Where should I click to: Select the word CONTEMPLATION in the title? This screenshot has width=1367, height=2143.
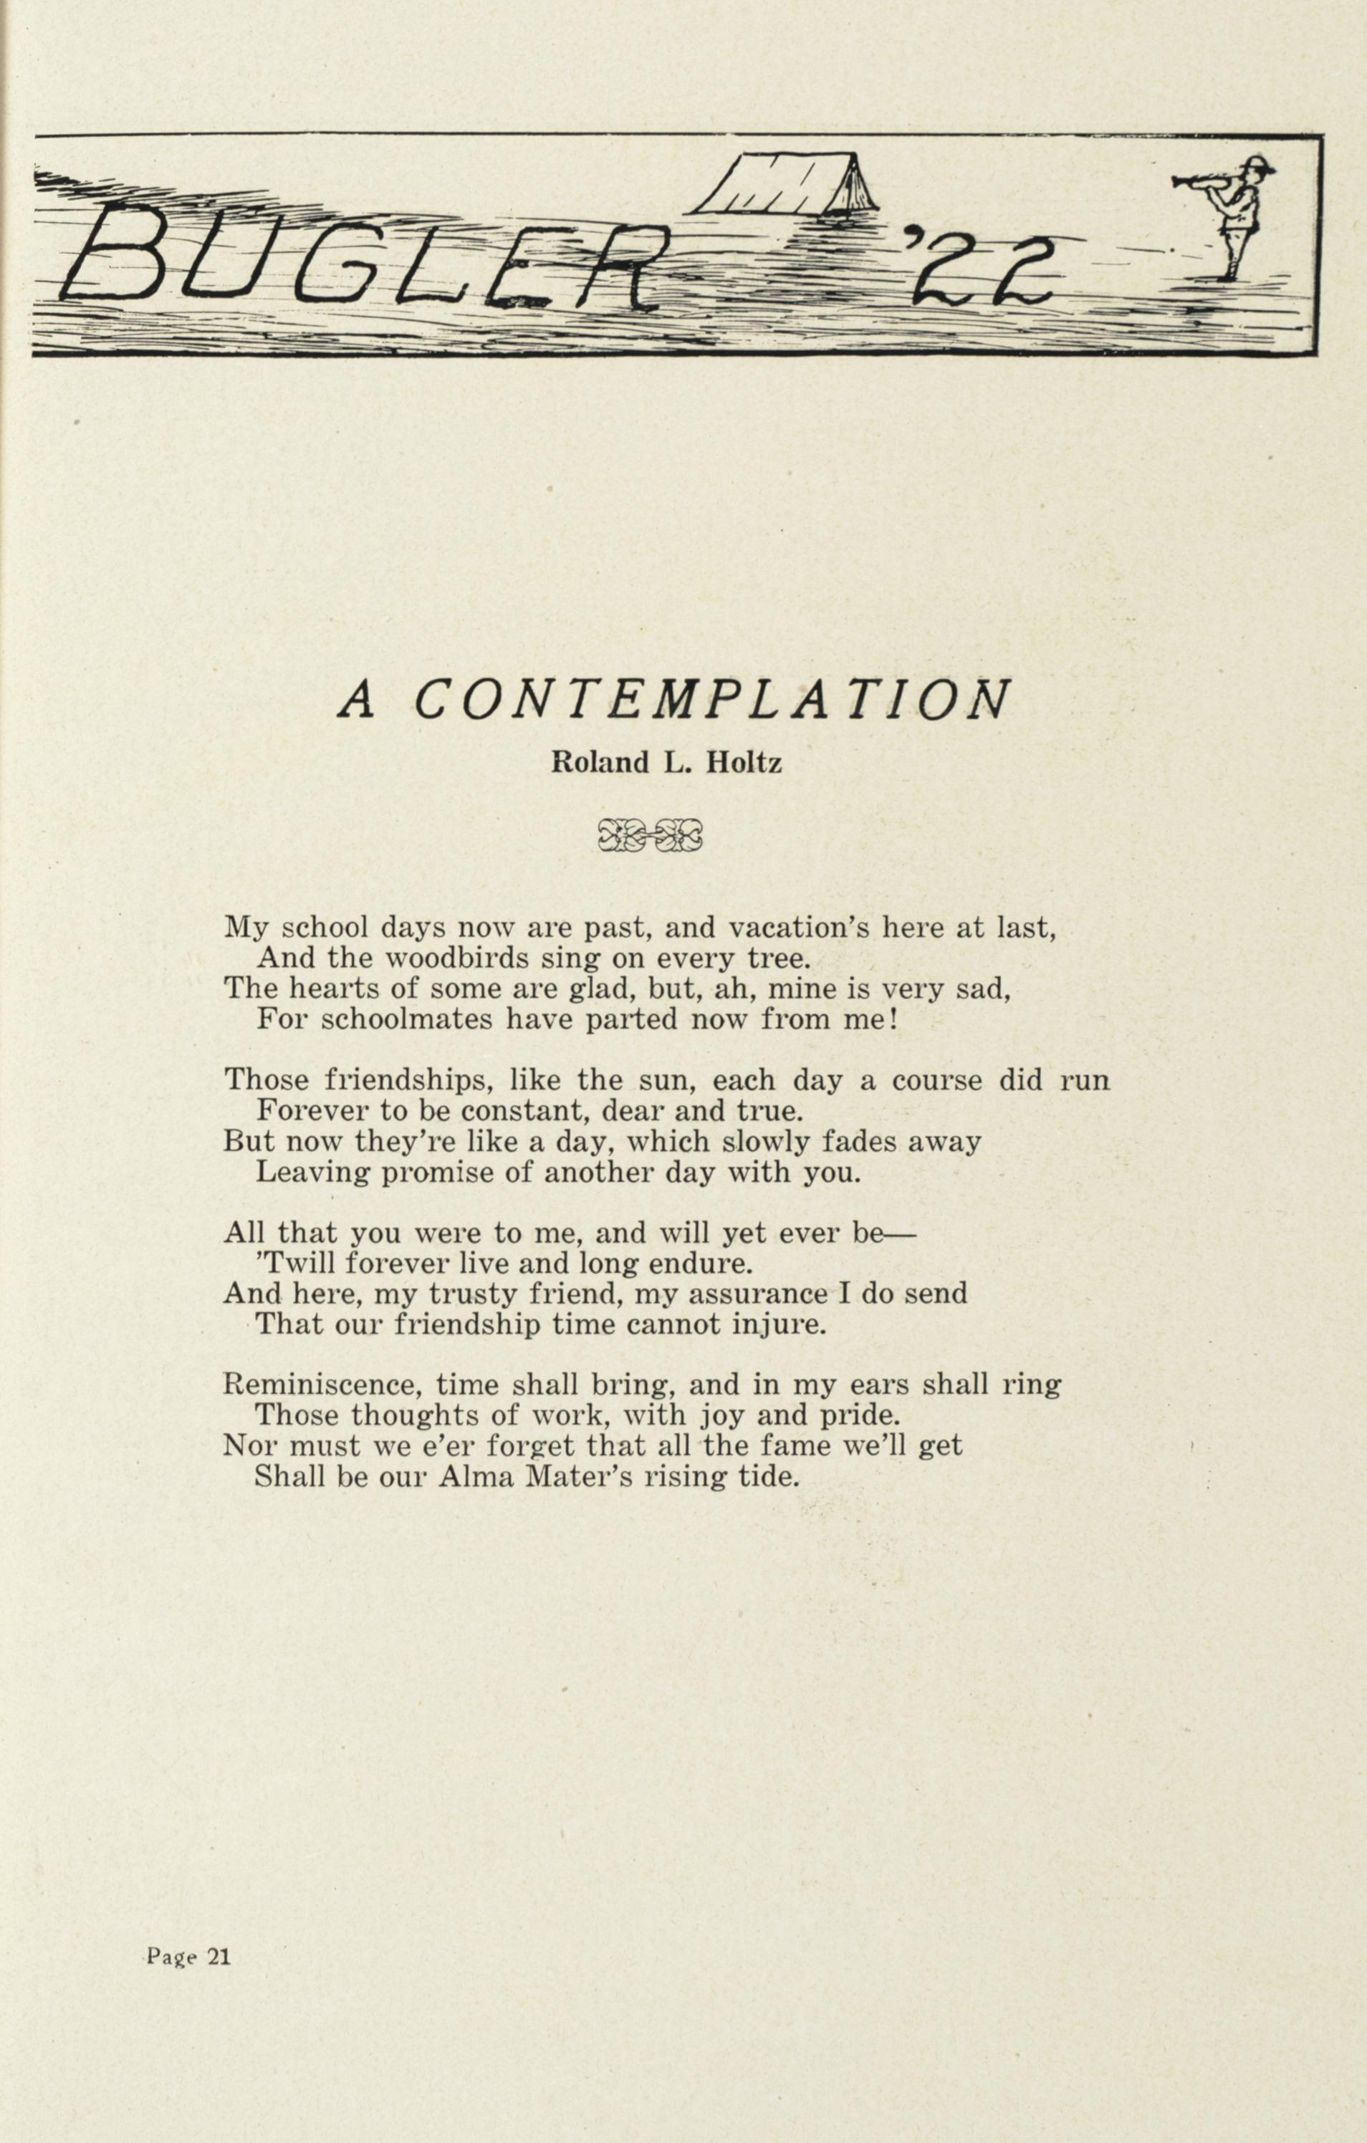point(712,701)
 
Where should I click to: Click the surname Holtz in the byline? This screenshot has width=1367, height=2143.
point(743,763)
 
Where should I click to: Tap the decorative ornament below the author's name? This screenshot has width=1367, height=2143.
point(651,834)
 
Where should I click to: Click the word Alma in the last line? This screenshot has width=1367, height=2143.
point(478,1478)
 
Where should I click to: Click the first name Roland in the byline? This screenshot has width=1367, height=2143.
point(598,763)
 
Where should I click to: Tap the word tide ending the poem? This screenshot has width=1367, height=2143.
point(771,1478)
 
